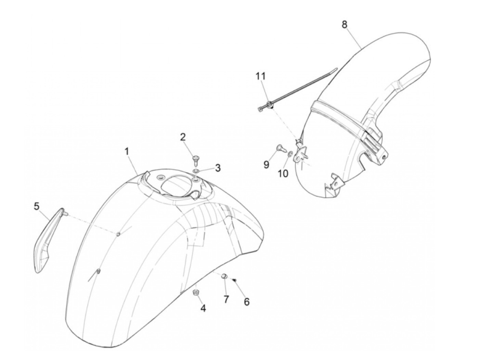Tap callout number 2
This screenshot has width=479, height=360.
193,138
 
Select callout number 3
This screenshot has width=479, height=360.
218,168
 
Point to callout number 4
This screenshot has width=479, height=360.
203,308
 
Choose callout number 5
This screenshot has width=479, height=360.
37,206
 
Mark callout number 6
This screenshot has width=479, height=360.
246,302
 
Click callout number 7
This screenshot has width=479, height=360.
226,299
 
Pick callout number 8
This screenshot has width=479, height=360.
344,24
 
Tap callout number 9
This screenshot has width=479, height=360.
267,165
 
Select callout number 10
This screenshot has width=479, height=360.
283,173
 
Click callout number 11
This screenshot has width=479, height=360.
261,76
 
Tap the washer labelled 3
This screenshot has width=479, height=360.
196,171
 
